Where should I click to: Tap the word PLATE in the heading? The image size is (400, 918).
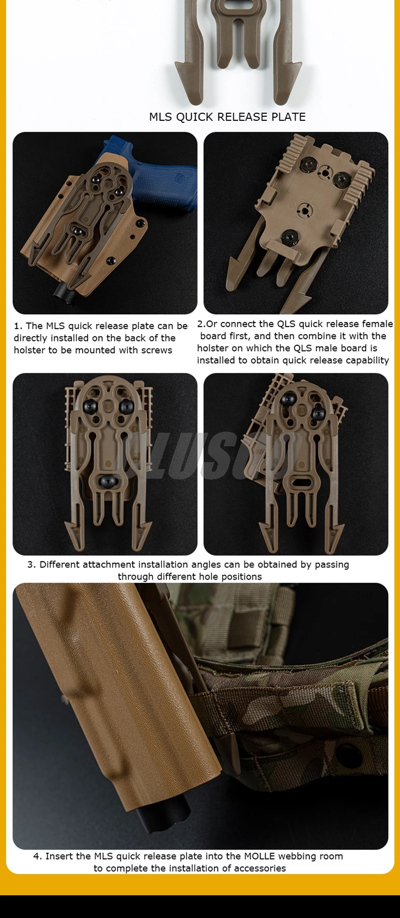pyautogui.click(x=288, y=117)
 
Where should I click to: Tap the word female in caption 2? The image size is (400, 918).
pyautogui.click(x=377, y=324)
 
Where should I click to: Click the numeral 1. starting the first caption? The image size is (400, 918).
pyautogui.click(x=18, y=326)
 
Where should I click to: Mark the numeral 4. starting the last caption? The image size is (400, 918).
pyautogui.click(x=37, y=856)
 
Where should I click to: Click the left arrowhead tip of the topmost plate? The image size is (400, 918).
pyautogui.click(x=175, y=65)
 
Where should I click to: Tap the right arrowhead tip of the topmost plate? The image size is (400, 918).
pyautogui.click(x=301, y=65)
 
